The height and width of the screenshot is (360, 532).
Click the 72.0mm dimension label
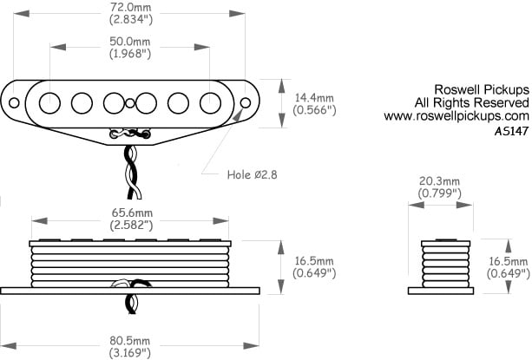[x=131, y=7]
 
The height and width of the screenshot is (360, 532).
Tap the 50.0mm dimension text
[x=130, y=42]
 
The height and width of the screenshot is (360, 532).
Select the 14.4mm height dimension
[x=314, y=98]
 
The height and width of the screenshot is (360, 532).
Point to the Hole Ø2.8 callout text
[x=252, y=174]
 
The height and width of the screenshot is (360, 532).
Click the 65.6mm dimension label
[x=132, y=213]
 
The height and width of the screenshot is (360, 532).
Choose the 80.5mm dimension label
[x=129, y=341]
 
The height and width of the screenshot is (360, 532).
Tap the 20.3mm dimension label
[x=440, y=181]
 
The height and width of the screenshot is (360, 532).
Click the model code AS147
[x=511, y=131]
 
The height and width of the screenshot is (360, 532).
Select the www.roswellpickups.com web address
[x=456, y=116]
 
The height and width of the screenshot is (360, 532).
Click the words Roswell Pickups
[x=482, y=89]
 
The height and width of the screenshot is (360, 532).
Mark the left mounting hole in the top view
[x=14, y=102]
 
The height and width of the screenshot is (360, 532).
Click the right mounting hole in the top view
[x=246, y=102]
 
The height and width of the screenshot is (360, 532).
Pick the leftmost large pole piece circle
[x=49, y=103]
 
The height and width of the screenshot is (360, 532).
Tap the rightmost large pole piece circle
[x=210, y=103]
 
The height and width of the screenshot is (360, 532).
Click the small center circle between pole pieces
[x=130, y=103]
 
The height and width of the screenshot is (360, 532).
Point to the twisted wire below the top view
[x=133, y=171]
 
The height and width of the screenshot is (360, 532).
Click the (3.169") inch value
[x=130, y=353]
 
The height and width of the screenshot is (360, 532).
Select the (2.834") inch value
[x=131, y=19]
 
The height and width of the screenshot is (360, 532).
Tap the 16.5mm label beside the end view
[x=509, y=261]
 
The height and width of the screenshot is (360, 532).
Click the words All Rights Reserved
[x=471, y=102]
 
